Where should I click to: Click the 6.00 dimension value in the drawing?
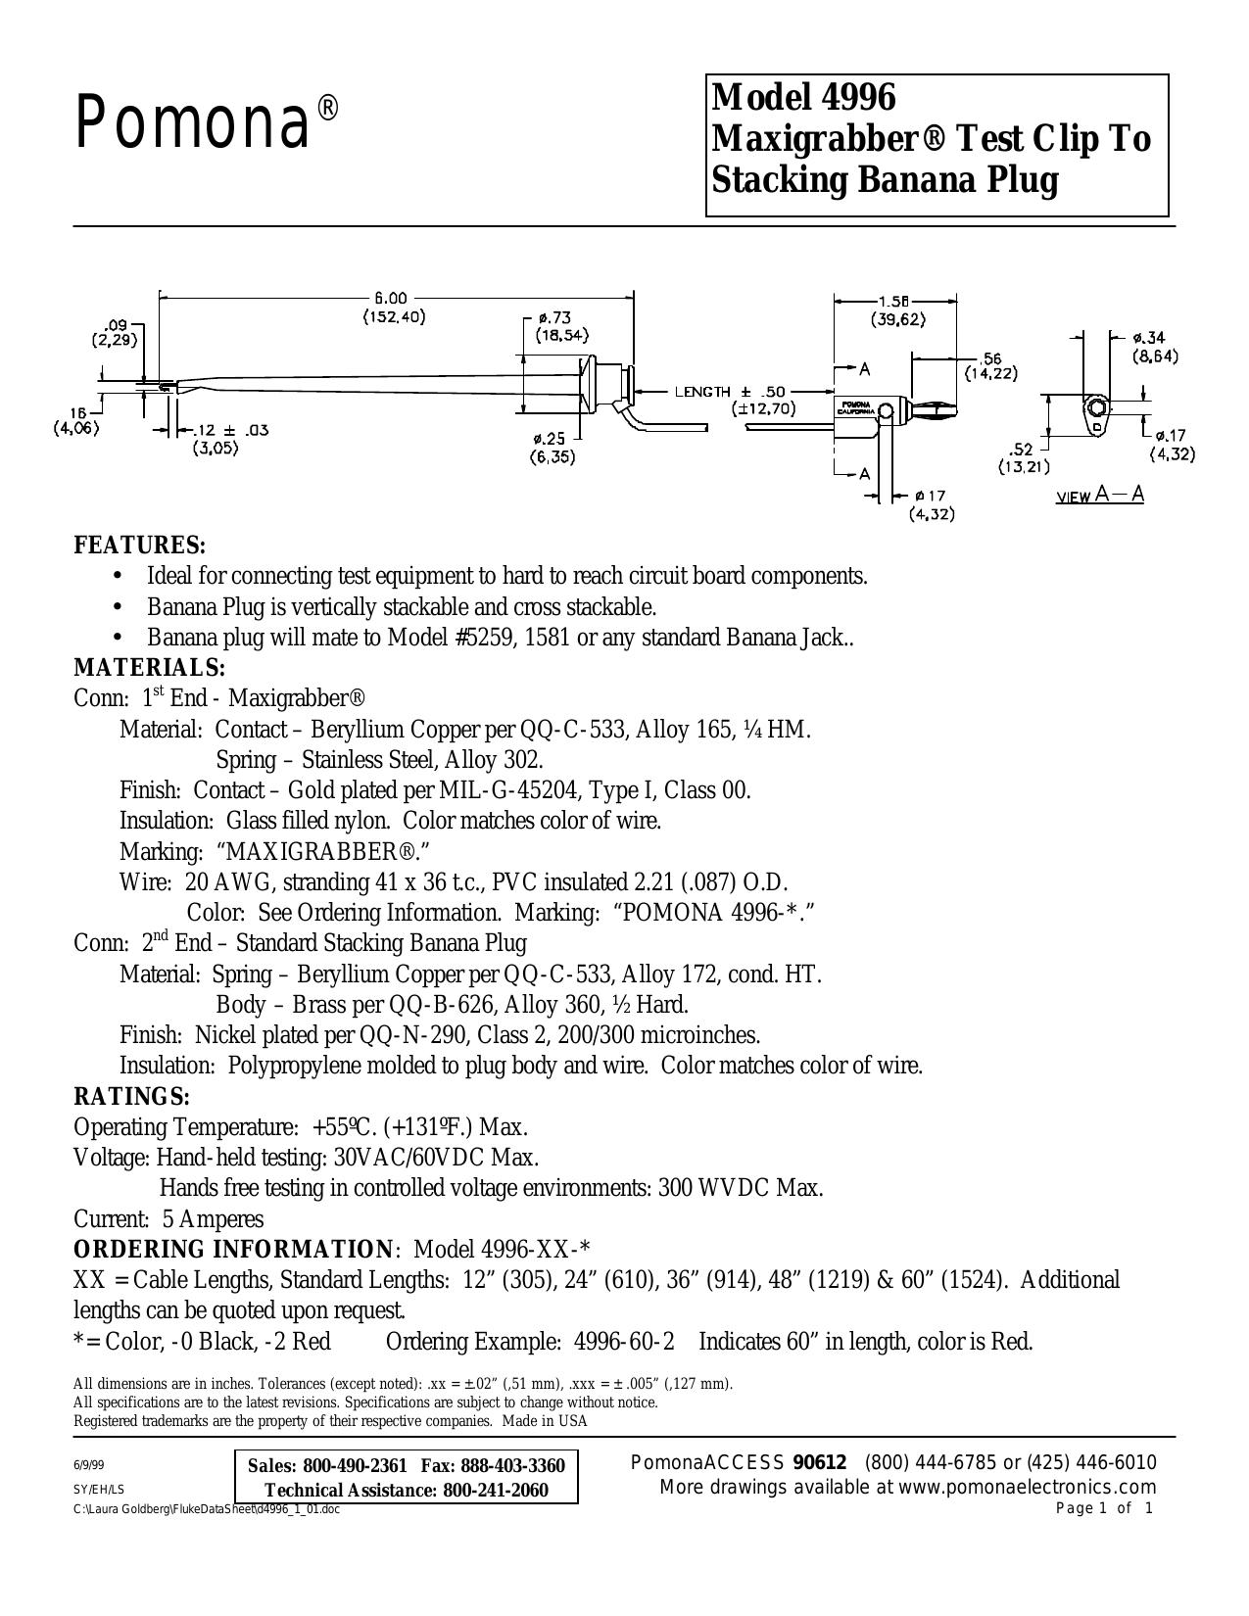pos(391,298)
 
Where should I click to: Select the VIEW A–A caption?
pos(1099,496)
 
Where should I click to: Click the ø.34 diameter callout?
pos(1151,339)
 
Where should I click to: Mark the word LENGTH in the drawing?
pos(702,392)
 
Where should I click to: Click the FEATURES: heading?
pos(140,546)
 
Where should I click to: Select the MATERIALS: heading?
pos(150,666)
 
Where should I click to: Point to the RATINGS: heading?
pos(131,1096)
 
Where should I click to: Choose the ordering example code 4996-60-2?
pos(624,1342)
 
